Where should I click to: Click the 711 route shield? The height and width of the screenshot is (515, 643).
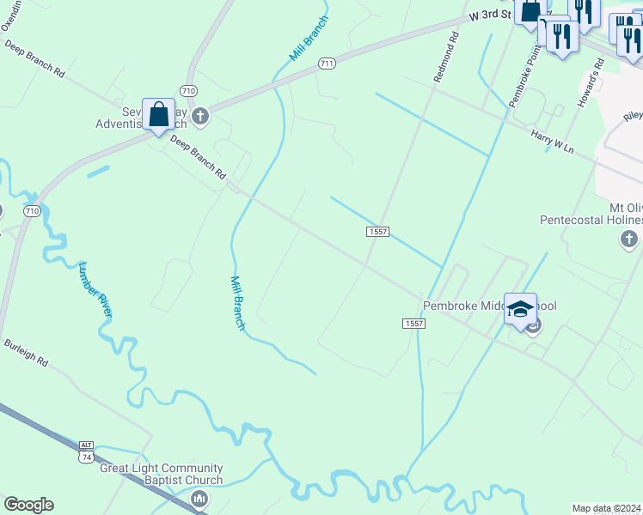[326, 64]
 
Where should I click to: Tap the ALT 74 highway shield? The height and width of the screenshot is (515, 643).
[85, 451]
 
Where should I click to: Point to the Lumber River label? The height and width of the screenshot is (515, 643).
[95, 288]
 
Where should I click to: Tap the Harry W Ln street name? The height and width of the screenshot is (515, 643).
[552, 142]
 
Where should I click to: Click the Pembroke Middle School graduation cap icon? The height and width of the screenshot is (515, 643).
[520, 309]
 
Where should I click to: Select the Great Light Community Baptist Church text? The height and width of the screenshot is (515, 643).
[162, 474]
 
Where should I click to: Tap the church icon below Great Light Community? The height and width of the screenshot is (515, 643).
[199, 499]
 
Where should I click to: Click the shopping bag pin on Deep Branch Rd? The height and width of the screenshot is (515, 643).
[159, 114]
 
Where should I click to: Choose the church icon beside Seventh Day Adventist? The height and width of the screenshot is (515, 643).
[200, 116]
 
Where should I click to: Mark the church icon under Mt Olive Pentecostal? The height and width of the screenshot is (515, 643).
[629, 239]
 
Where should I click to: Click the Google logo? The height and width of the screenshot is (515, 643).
[28, 505]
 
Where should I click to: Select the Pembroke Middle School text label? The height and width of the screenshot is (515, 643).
[489, 306]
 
